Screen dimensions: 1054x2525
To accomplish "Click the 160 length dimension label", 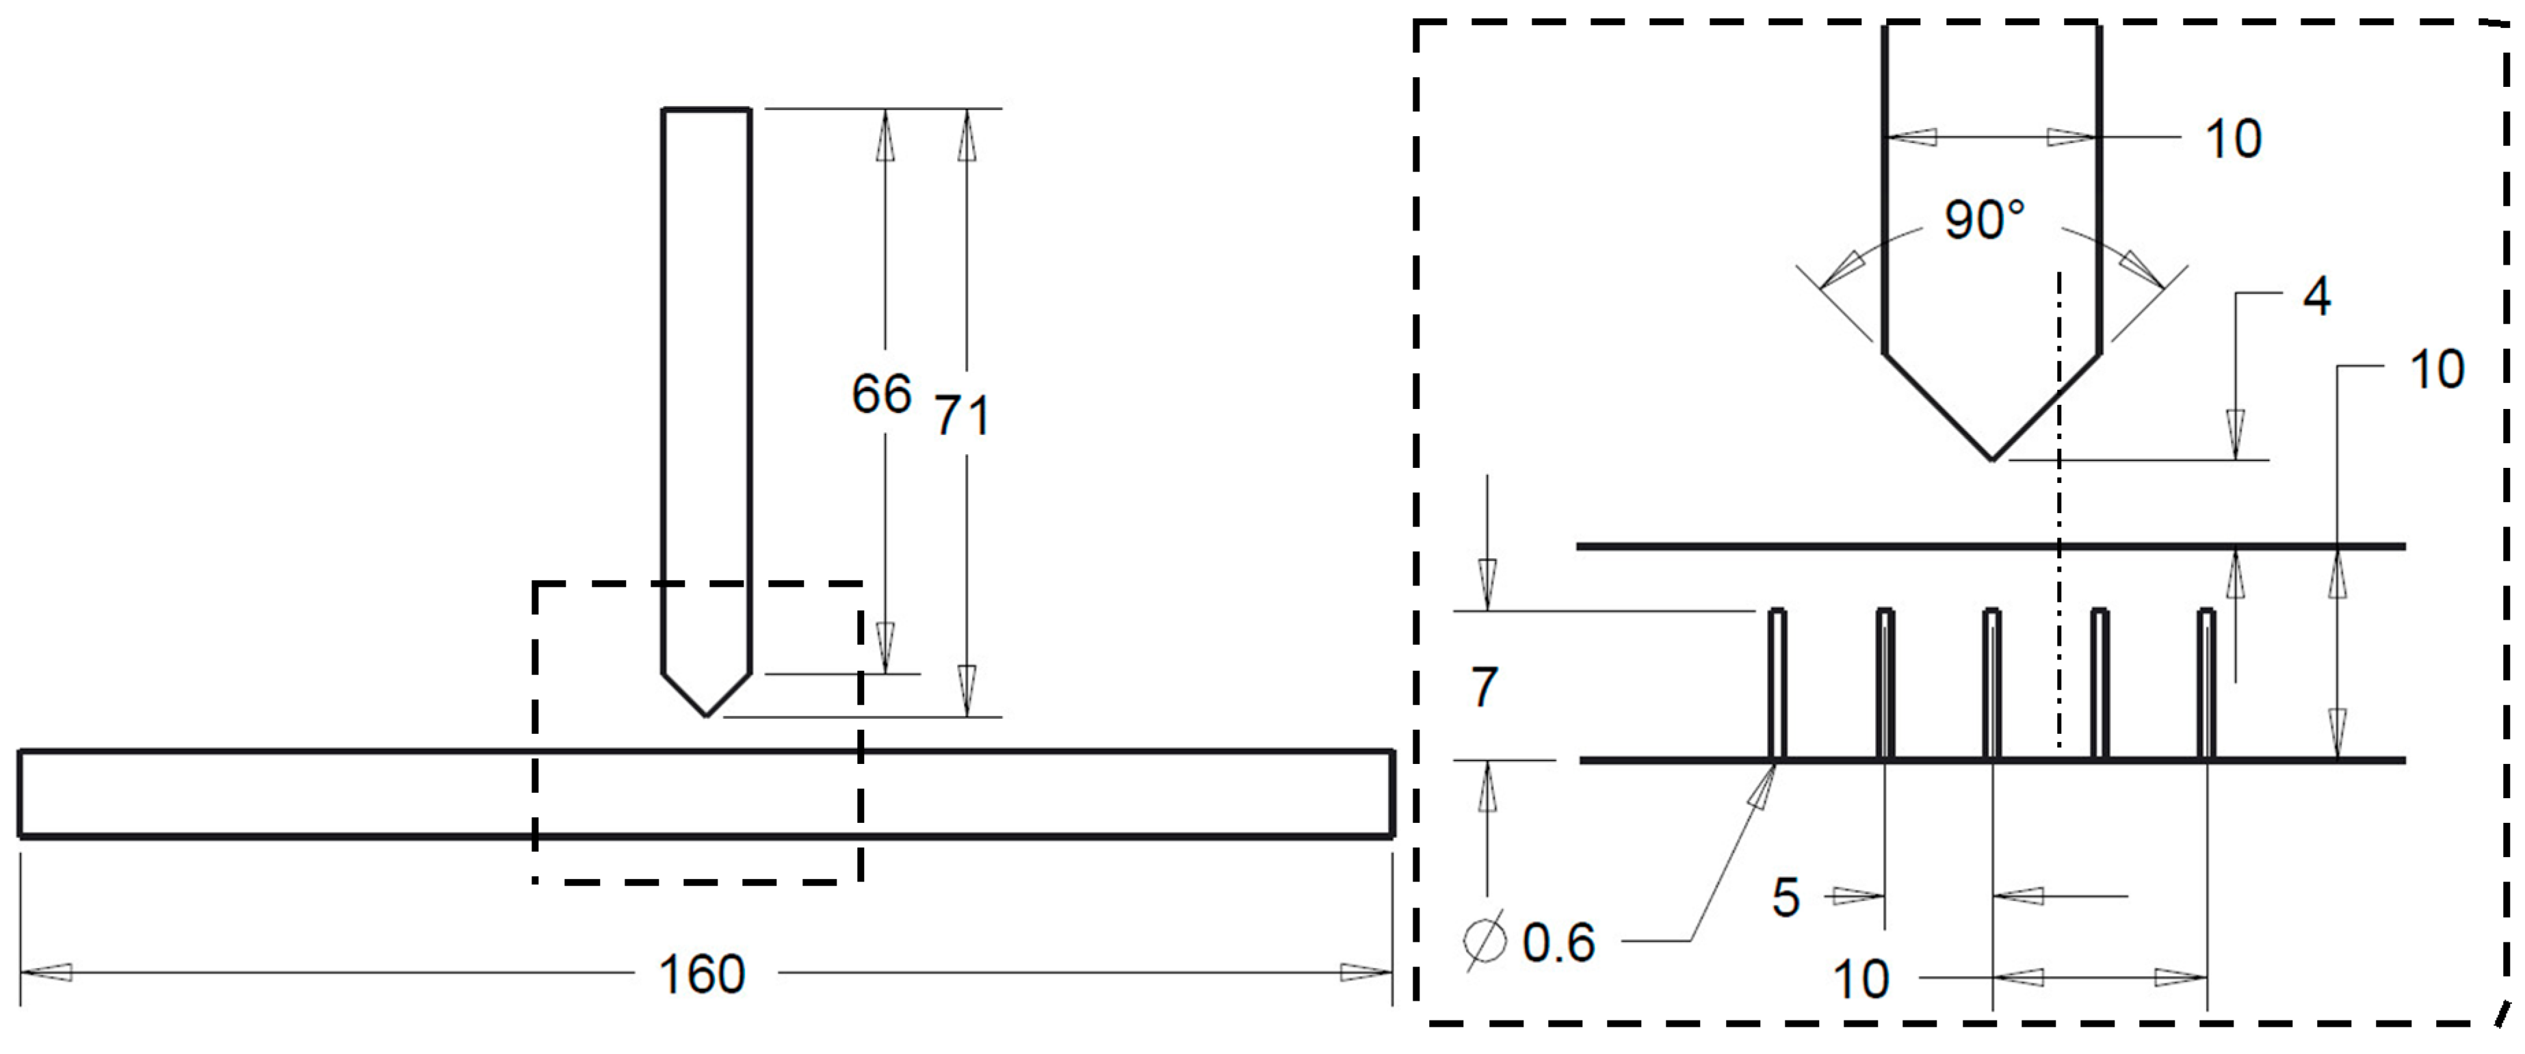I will [x=702, y=975].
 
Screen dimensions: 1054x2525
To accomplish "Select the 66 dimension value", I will [x=881, y=394].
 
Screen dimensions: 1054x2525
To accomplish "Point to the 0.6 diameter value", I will [x=1558, y=943].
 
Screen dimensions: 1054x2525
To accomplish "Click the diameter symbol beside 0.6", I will [x=1484, y=941].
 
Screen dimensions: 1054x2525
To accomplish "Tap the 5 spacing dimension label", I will [x=1786, y=897].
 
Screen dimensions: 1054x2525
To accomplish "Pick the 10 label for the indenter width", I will [x=2233, y=138].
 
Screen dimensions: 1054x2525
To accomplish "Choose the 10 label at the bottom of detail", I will [x=1861, y=979].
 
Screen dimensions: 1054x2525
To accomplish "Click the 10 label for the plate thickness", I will [x=2436, y=369].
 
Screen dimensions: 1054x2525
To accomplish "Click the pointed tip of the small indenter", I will [x=706, y=715].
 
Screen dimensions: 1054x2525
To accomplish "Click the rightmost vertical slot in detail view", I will [x=2206, y=685].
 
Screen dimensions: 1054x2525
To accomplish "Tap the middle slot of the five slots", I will [x=1992, y=685].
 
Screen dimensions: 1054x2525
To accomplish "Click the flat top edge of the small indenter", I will [x=706, y=110].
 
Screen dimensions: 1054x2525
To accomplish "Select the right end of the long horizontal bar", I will [x=1392, y=794].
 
